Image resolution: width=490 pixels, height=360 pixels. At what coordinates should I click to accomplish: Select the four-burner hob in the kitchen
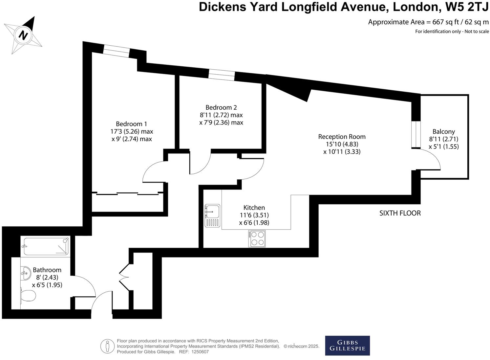[257, 238]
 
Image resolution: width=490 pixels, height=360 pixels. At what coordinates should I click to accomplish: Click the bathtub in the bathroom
[46, 246]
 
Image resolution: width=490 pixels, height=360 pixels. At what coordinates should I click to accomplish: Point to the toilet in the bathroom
[28, 295]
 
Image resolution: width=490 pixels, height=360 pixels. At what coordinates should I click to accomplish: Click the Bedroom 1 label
[131, 124]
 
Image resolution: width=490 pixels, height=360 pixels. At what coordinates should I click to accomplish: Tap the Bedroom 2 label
[221, 107]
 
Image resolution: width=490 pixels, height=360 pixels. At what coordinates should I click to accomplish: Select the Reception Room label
[342, 137]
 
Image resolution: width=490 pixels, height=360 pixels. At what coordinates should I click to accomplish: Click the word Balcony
[443, 131]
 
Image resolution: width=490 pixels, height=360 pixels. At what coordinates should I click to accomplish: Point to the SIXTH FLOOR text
[400, 213]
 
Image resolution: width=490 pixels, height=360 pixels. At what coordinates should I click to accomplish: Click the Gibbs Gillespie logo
[347, 345]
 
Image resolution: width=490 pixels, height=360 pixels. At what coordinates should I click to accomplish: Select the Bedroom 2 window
[222, 75]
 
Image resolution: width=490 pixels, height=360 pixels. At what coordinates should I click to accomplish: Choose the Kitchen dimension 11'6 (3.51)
[254, 215]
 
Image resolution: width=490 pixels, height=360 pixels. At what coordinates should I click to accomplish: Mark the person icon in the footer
[107, 346]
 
